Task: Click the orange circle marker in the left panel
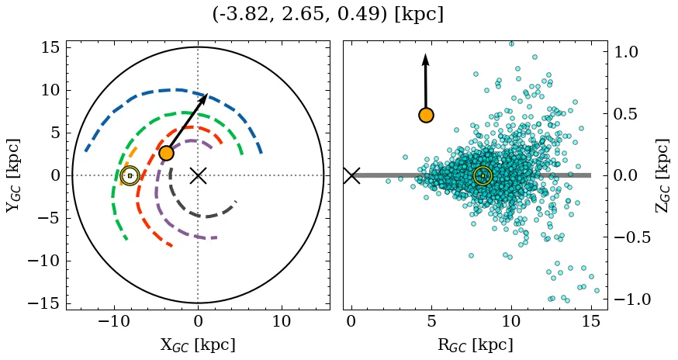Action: (166, 153)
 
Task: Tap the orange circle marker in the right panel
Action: (425, 115)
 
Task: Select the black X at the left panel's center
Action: (198, 175)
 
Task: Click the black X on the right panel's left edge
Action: (351, 175)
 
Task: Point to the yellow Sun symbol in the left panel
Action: (130, 175)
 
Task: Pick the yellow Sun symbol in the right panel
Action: (483, 175)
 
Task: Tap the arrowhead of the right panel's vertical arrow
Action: (425, 58)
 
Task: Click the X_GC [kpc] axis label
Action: (198, 344)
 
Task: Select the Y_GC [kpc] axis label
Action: (14, 175)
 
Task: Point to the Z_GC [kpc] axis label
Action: (661, 175)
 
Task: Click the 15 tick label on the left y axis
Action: (50, 48)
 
